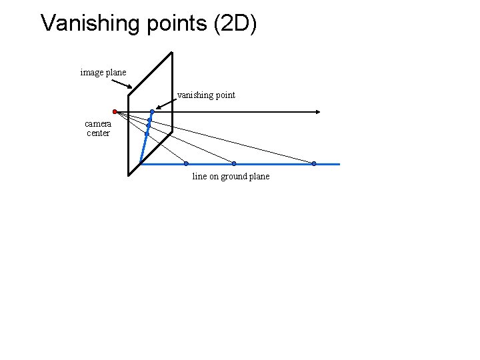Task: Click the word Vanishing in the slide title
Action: (83, 23)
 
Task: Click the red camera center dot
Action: (115, 111)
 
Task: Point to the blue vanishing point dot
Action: (152, 111)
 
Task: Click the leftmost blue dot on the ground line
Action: (186, 163)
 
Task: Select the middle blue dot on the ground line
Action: (233, 163)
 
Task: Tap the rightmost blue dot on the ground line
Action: (314, 163)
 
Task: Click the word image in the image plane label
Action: (91, 72)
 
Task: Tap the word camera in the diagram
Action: (98, 123)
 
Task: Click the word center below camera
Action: (98, 133)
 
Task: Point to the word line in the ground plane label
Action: (199, 177)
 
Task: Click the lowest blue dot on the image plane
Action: (147, 134)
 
